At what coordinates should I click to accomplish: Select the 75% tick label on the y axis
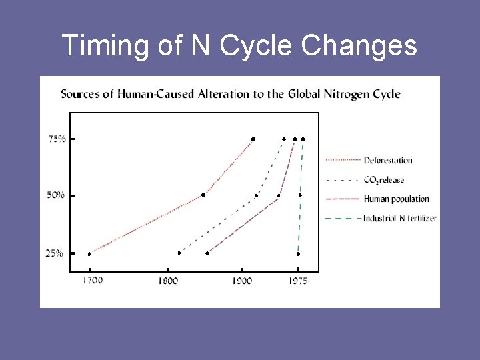click(57, 139)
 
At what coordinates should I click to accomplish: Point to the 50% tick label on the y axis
click(57, 195)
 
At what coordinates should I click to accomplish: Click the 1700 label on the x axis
click(93, 281)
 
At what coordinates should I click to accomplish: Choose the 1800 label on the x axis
click(168, 281)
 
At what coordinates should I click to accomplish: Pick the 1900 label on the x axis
click(241, 281)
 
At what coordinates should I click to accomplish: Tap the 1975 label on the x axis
click(299, 281)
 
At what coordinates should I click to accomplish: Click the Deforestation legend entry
click(387, 160)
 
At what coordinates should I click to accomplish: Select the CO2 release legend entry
click(383, 180)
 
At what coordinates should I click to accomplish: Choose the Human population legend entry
click(396, 199)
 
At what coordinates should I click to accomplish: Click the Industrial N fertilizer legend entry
click(399, 218)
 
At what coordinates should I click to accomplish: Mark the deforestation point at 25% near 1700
click(89, 253)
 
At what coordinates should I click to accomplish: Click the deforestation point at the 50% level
click(203, 195)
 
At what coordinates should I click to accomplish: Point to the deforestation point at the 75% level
click(253, 139)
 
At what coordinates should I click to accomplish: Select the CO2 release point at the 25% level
click(179, 253)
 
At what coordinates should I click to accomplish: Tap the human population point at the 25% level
click(207, 253)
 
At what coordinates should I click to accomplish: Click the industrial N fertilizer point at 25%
click(298, 253)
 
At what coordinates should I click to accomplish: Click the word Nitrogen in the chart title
click(333, 94)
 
